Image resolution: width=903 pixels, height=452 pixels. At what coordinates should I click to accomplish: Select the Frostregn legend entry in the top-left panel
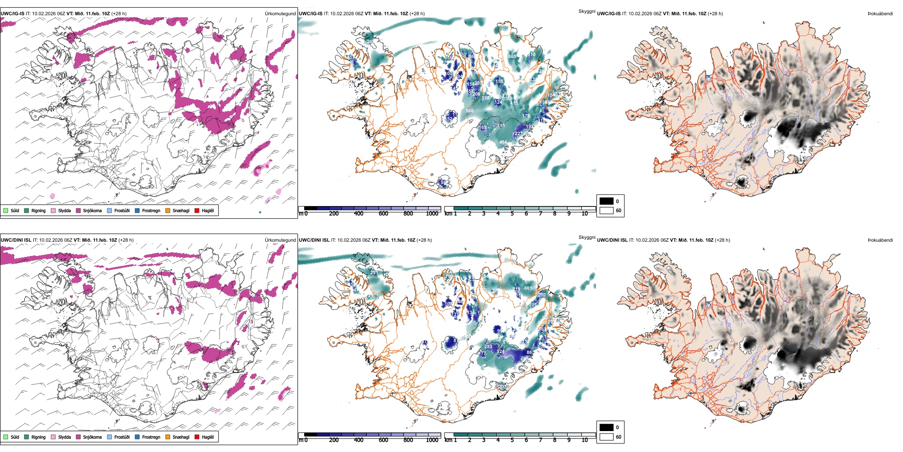click(x=151, y=210)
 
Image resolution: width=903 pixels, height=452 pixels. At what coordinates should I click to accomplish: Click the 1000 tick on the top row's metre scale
click(x=432, y=214)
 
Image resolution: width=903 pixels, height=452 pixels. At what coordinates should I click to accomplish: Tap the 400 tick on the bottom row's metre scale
click(x=358, y=440)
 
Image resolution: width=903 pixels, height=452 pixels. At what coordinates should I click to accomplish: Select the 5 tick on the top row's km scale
click(x=512, y=214)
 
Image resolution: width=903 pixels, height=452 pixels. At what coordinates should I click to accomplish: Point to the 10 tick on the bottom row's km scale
click(x=585, y=440)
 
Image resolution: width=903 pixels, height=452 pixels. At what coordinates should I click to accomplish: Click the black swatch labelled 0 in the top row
click(x=606, y=201)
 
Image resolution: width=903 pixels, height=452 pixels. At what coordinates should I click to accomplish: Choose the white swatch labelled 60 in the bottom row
click(x=606, y=437)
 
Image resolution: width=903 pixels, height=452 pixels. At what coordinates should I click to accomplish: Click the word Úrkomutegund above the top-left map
click(x=280, y=14)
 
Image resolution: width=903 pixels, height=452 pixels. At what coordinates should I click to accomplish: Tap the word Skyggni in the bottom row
click(x=586, y=237)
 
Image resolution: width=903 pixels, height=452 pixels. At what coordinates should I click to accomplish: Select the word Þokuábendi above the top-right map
click(x=880, y=14)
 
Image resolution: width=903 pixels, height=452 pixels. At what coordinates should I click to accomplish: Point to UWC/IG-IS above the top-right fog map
click(x=609, y=14)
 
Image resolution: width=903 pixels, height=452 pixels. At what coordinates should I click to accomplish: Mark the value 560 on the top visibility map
click(x=470, y=111)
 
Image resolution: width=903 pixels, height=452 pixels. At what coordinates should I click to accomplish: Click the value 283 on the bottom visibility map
click(x=488, y=347)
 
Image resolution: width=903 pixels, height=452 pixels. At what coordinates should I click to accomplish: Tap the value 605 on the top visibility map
click(x=512, y=56)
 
